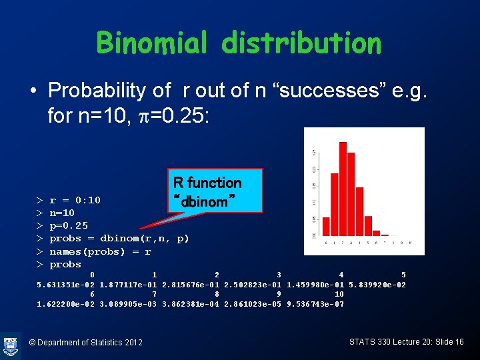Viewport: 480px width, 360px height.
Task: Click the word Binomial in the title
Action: click(x=151, y=43)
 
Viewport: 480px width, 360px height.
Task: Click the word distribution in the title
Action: click(x=301, y=43)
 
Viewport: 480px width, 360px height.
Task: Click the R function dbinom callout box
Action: click(x=207, y=191)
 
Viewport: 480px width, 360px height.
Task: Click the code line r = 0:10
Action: click(x=75, y=200)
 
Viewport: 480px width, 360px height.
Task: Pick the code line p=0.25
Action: click(x=69, y=225)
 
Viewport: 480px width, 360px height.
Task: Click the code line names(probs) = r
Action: click(x=100, y=251)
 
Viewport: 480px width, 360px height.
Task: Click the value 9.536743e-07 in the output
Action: click(x=315, y=304)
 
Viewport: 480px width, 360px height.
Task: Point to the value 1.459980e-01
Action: click(x=315, y=285)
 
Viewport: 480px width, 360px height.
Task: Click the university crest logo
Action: click(x=11, y=344)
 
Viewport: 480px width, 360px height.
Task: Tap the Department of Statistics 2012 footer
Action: click(x=86, y=342)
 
